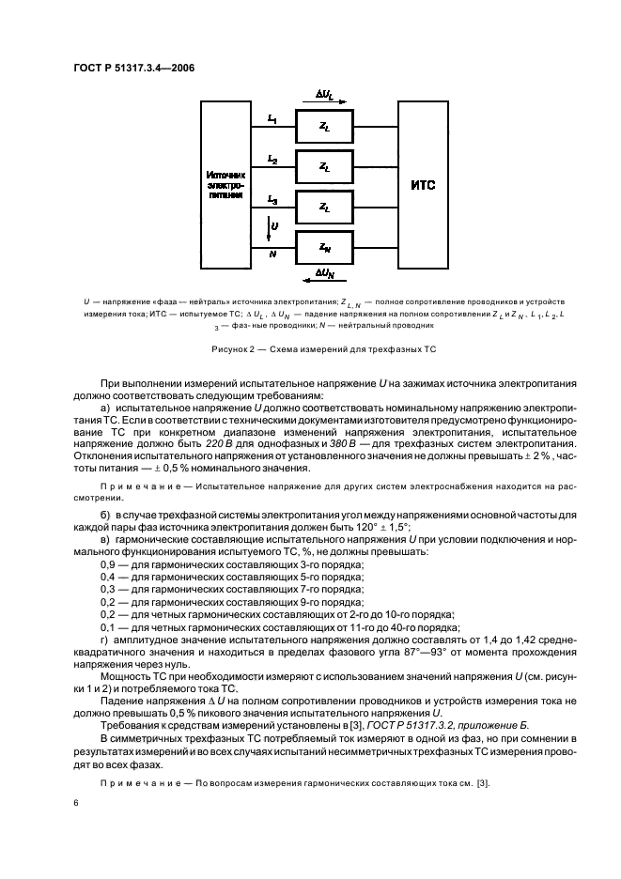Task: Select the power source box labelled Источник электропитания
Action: pos(225,184)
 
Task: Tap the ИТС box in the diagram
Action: pos(423,184)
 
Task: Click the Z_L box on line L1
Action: pos(323,124)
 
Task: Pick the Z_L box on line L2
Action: pos(323,165)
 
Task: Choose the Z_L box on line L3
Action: pos(323,207)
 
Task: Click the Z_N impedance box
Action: pos(323,248)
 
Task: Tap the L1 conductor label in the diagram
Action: pos(272,118)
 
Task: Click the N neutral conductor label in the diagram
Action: pos(272,254)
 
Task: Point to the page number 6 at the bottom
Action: pos(75,803)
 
